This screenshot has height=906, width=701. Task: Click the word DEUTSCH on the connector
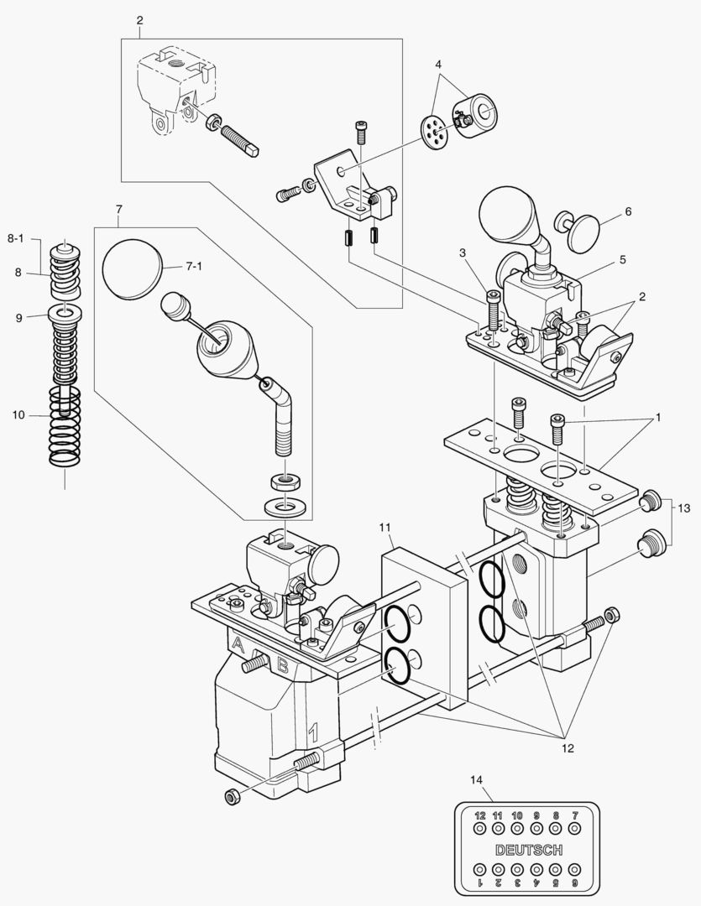[x=529, y=850]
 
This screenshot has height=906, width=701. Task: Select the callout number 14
[x=477, y=780]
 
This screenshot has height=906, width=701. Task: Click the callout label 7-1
[x=194, y=266]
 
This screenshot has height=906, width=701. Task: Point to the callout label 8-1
[x=17, y=238]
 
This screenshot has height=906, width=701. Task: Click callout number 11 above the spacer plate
[x=385, y=527]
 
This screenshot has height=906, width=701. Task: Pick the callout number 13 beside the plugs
[x=684, y=508]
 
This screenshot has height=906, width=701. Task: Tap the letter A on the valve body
[x=238, y=645]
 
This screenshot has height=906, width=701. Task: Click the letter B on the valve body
[x=284, y=667]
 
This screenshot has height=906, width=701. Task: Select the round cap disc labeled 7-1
[x=130, y=270]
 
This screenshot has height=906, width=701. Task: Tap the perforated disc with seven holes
[x=436, y=131]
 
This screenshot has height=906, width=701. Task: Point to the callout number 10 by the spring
[x=18, y=414]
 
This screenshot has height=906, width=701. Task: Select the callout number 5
[x=622, y=260]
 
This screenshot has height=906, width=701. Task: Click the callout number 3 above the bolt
[x=463, y=253]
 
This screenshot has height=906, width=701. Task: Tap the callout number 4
[x=437, y=65]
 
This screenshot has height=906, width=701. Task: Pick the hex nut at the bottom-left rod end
[x=233, y=795]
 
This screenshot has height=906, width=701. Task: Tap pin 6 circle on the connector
[x=574, y=870]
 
